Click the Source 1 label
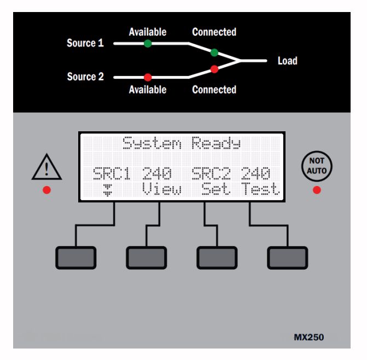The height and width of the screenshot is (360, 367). pyautogui.click(x=85, y=43)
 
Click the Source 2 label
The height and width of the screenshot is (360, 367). pyautogui.click(x=85, y=77)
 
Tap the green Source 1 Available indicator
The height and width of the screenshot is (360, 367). pyautogui.click(x=148, y=43)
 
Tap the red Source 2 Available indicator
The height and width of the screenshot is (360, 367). pyautogui.click(x=148, y=77)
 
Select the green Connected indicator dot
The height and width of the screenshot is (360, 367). pyautogui.click(x=214, y=53)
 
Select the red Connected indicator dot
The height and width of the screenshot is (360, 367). pyautogui.click(x=214, y=69)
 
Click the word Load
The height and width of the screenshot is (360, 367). pyautogui.click(x=287, y=61)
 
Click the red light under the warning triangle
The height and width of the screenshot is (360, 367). pyautogui.click(x=46, y=190)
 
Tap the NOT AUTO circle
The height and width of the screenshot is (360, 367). pyautogui.click(x=317, y=165)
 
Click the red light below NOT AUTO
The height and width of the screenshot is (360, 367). pyautogui.click(x=317, y=190)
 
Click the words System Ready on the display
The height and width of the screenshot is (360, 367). pyautogui.click(x=181, y=144)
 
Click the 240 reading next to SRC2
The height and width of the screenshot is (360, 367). pyautogui.click(x=255, y=174)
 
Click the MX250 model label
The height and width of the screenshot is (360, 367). pyautogui.click(x=308, y=337)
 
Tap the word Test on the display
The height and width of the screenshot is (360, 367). pyautogui.click(x=261, y=189)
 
